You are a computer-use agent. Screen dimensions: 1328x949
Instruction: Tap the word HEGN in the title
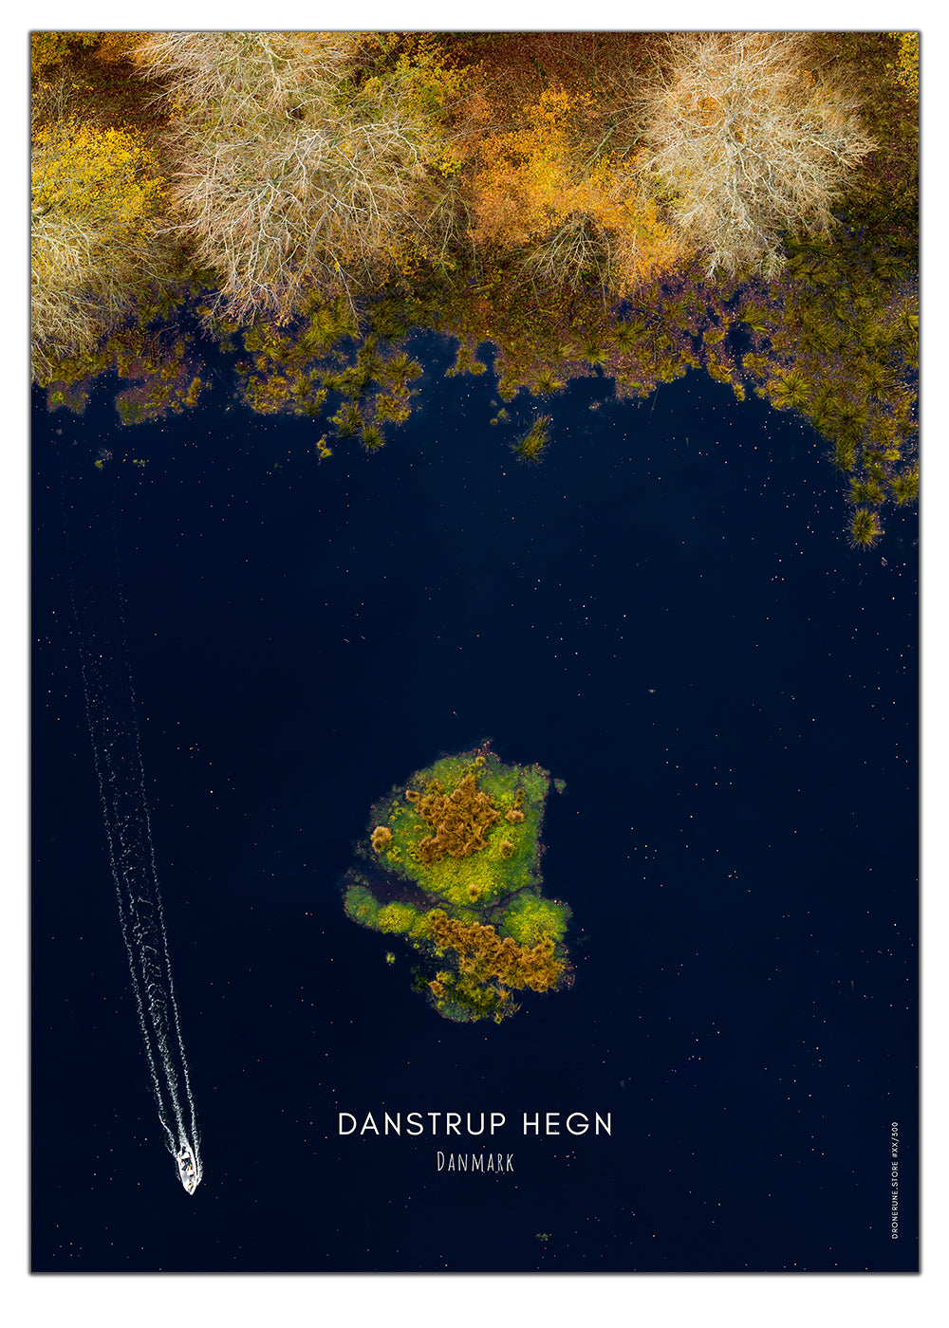568,1125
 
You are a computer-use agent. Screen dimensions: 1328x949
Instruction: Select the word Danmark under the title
474,1162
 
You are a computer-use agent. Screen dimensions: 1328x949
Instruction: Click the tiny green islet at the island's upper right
559,785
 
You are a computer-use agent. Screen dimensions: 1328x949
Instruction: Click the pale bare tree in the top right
750,142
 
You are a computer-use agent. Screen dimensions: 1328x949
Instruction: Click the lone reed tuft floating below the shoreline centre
533,438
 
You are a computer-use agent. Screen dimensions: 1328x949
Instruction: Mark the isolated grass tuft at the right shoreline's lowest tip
864,526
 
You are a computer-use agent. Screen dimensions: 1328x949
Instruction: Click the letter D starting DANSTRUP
347,1125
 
